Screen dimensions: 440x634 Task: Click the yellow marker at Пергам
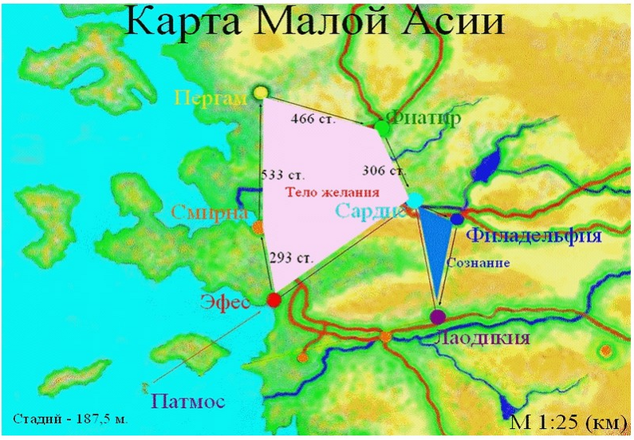coord(261,93)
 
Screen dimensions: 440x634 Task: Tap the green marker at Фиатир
coord(382,127)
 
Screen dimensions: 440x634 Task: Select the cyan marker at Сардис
coord(415,200)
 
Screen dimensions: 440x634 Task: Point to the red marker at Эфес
coord(274,300)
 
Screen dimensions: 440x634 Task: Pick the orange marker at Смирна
coord(258,228)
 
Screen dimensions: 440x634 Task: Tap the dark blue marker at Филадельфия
coord(457,219)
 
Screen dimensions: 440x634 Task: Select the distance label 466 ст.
coord(312,119)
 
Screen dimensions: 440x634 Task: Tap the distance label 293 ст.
coord(289,258)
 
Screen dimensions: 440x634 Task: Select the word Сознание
coord(478,262)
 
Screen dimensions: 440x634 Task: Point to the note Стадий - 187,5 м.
coord(70,418)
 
